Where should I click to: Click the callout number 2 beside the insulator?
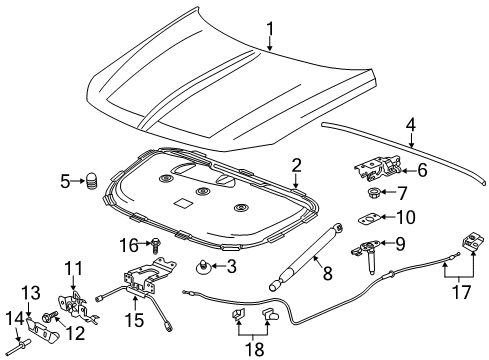point(297,163)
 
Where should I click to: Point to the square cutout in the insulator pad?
point(183,204)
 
